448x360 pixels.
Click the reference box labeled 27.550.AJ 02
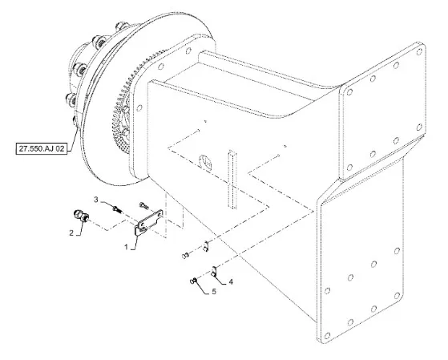(42, 148)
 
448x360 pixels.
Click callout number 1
(127, 247)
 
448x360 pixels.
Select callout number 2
(71, 233)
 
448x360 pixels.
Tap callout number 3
(96, 200)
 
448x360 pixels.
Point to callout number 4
(231, 282)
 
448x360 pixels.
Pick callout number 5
(214, 292)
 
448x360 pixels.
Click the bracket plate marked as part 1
(148, 222)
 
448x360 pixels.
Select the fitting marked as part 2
(81, 216)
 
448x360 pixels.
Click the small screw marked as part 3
(117, 208)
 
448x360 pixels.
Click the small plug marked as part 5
(193, 281)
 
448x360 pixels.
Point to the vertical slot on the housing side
(232, 180)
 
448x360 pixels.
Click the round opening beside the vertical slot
(206, 162)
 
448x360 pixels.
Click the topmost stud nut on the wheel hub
(122, 26)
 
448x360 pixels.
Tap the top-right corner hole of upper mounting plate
(419, 52)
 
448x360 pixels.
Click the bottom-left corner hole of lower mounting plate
(328, 335)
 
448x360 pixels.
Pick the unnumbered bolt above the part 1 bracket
(143, 204)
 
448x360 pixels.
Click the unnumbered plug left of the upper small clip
(185, 255)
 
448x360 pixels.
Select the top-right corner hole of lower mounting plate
(397, 251)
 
